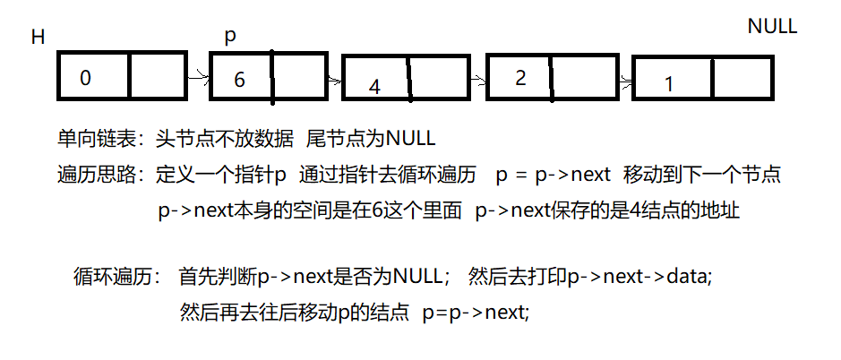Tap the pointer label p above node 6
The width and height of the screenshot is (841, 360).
point(229,37)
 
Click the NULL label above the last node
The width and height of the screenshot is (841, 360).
point(772,26)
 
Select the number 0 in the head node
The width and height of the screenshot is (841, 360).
point(85,78)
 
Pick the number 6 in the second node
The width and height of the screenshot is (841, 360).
point(239,79)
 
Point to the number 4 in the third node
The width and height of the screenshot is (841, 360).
point(374,87)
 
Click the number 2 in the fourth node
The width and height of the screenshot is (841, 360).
point(520,77)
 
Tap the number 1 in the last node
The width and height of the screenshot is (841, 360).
point(668,84)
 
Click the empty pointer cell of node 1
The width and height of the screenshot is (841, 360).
point(740,80)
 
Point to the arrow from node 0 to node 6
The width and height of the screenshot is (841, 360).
point(198,78)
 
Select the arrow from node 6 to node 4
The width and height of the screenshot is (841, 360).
point(333,80)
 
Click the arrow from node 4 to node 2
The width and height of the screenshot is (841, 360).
point(478,80)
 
